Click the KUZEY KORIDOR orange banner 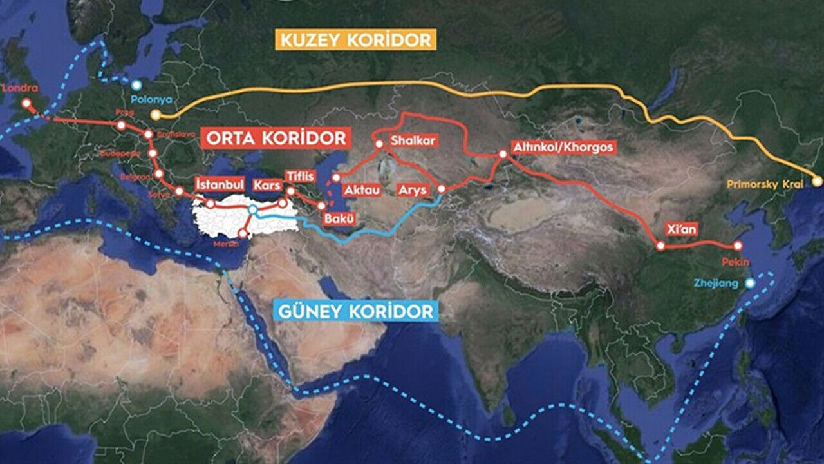[357, 40]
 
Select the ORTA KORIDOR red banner [276, 138]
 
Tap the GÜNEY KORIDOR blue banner [355, 312]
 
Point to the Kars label [265, 185]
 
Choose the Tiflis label [300, 177]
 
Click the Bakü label [339, 218]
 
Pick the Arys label [413, 190]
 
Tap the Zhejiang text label [716, 283]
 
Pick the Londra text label [21, 89]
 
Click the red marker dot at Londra [26, 102]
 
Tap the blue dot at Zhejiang [749, 283]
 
